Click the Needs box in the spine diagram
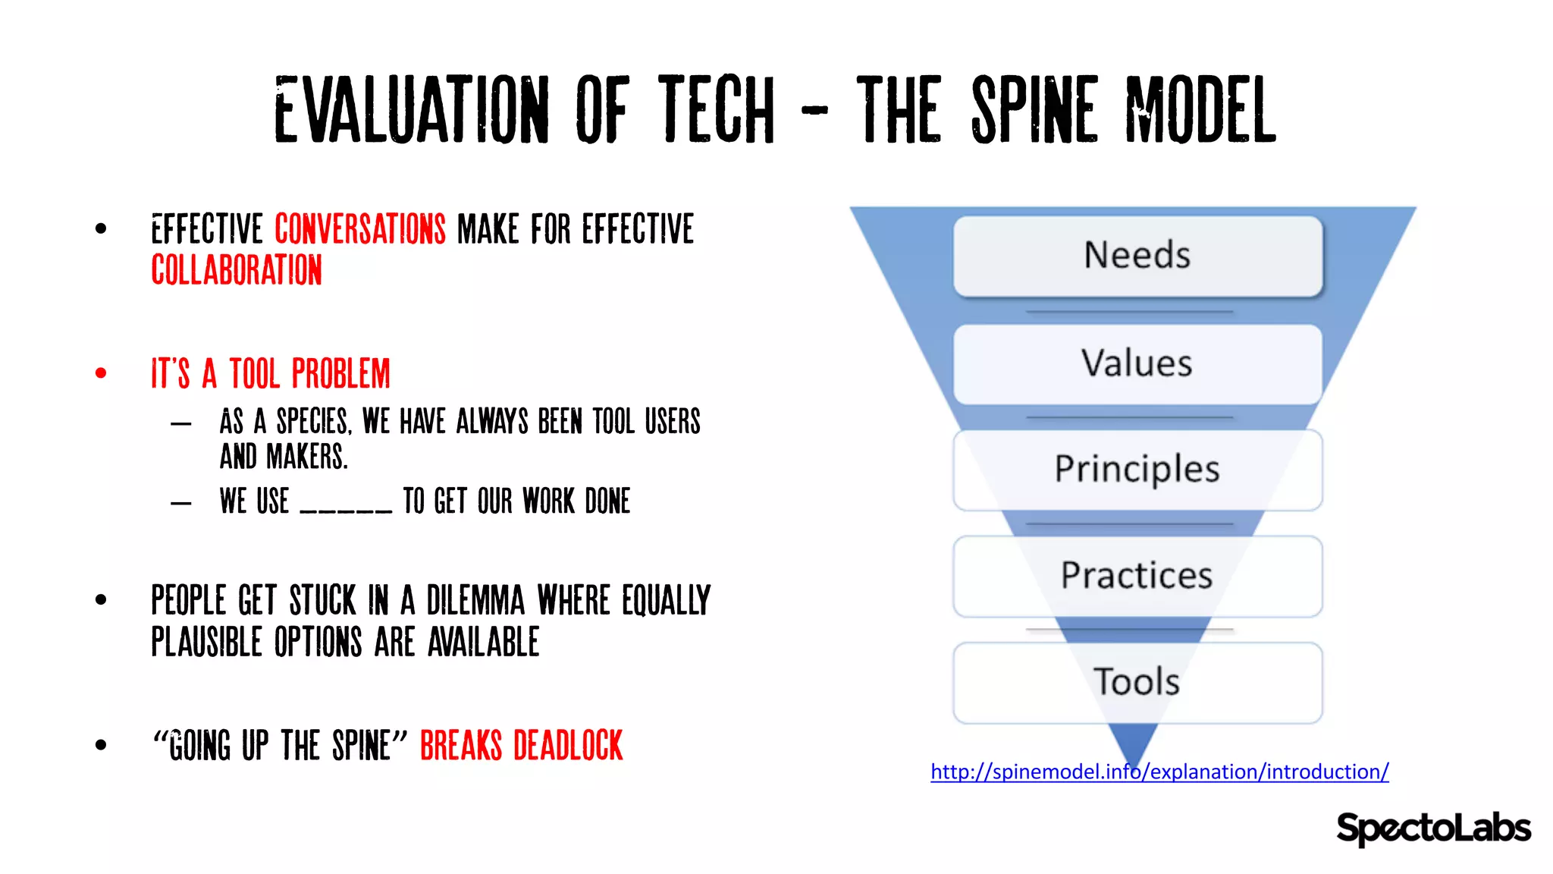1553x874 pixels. [x=1137, y=256]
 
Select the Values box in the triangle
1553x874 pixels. [x=1137, y=363]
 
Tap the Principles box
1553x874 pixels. [x=1137, y=470]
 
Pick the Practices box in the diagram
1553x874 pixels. [x=1137, y=576]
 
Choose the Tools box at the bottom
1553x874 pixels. [x=1137, y=682]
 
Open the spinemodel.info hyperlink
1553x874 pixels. [x=1159, y=772]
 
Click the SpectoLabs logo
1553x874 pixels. [x=1432, y=828]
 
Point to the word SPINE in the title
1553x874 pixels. [x=1034, y=110]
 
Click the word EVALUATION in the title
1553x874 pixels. [x=411, y=110]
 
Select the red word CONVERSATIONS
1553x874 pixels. [x=360, y=229]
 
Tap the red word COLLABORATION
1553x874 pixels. [x=237, y=270]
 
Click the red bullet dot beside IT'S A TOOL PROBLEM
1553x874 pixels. [x=101, y=373]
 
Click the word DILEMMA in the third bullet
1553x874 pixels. [x=475, y=600]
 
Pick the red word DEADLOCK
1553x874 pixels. [x=568, y=745]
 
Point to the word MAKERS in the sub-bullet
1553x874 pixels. [x=307, y=457]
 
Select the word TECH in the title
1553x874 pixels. [x=717, y=110]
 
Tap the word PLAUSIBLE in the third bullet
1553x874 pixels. [x=206, y=642]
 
